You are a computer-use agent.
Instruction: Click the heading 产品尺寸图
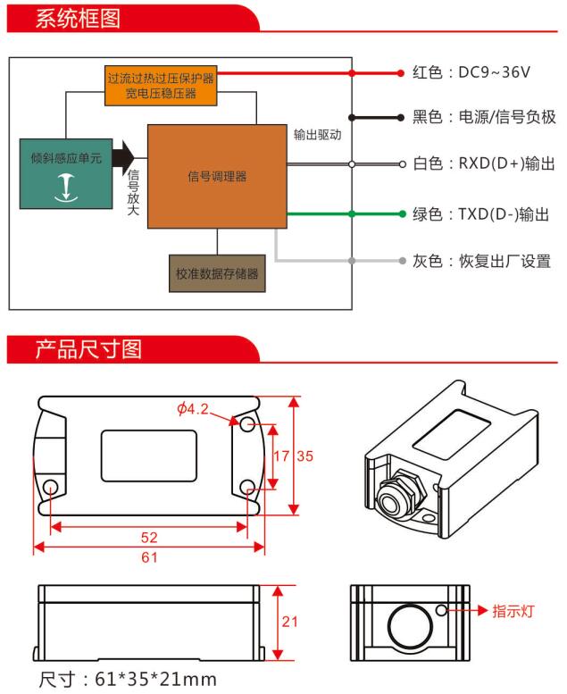pyautogui.click(x=88, y=348)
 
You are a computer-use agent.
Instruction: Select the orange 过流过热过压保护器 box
pyautogui.click(x=161, y=85)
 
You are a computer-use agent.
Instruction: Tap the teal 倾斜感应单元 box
pyautogui.click(x=67, y=172)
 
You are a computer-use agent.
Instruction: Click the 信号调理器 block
pyautogui.click(x=217, y=176)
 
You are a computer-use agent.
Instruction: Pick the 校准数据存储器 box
pyautogui.click(x=217, y=274)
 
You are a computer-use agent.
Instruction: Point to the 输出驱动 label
pyautogui.click(x=318, y=134)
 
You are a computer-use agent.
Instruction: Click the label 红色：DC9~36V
pyautogui.click(x=472, y=71)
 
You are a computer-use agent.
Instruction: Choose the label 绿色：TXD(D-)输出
pyautogui.click(x=480, y=214)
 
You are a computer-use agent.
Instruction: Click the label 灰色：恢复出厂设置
pyautogui.click(x=481, y=262)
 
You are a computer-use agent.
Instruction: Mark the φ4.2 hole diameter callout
pyautogui.click(x=193, y=409)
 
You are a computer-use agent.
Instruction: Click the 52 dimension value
pyautogui.click(x=149, y=538)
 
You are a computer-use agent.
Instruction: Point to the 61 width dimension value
pyautogui.click(x=149, y=558)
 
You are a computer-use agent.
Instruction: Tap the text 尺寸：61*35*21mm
pyautogui.click(x=127, y=678)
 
